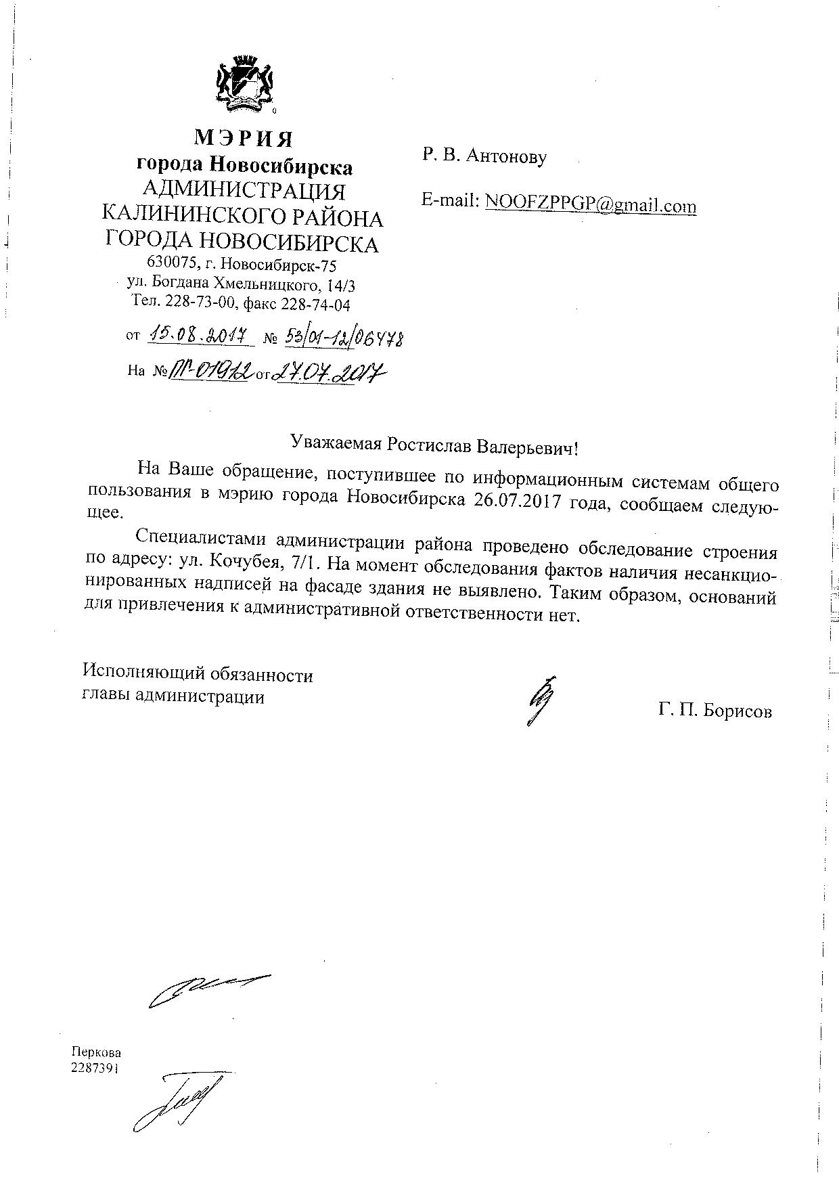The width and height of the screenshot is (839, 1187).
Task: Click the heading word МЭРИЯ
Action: [x=244, y=138]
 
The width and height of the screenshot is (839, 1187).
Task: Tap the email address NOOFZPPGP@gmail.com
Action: [x=590, y=202]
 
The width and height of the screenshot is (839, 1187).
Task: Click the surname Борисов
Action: [x=738, y=711]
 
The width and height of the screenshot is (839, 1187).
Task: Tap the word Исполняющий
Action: [x=140, y=675]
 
